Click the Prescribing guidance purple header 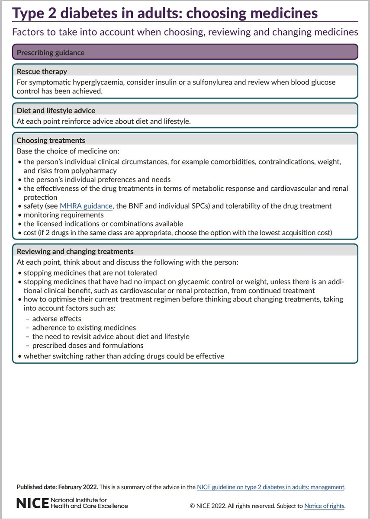point(50,53)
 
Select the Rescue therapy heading point(42,71)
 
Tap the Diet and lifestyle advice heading point(56,110)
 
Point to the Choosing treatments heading point(51,140)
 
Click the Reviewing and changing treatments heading point(75,251)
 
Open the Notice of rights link point(324,506)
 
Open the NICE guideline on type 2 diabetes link point(270,487)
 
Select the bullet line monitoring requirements point(64,215)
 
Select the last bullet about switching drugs point(123,356)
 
